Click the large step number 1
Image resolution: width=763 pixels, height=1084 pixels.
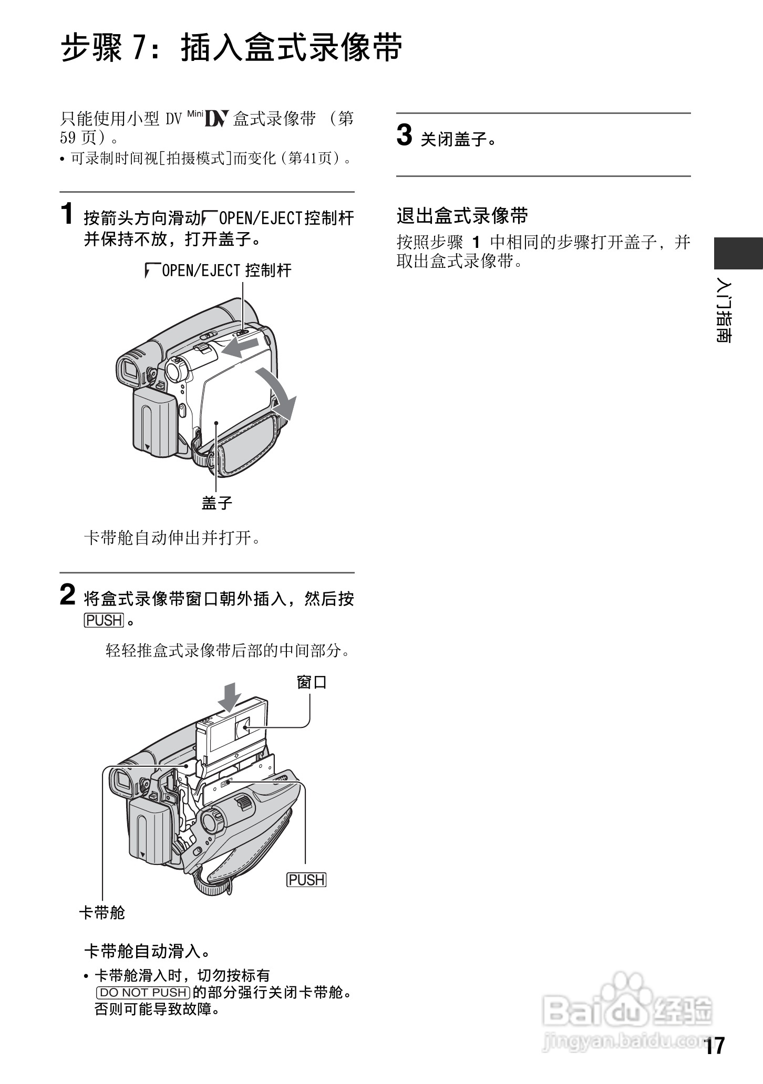coord(67,214)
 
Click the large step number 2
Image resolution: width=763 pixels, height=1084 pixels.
coord(68,595)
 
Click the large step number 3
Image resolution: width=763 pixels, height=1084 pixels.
coord(404,136)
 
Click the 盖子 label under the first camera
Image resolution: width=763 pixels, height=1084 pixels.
coord(216,503)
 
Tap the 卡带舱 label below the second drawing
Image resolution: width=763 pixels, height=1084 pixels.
coord(102,912)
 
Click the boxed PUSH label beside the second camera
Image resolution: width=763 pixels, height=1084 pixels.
coord(306,880)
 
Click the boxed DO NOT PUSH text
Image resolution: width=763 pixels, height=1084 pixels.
coord(143,992)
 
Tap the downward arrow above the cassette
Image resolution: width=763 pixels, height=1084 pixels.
coord(229,696)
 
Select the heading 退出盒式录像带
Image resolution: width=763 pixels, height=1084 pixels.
coord(462,216)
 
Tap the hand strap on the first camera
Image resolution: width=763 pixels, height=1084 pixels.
coord(247,446)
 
